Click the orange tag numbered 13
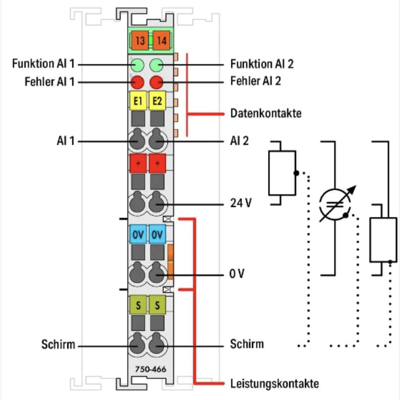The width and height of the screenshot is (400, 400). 138,41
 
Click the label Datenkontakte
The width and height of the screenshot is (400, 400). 266,113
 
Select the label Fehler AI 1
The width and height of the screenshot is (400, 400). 50,82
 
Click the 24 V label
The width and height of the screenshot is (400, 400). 241,203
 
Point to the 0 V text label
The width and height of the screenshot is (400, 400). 237,274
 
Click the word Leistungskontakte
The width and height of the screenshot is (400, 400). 274,383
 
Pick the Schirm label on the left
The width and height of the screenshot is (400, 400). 58,344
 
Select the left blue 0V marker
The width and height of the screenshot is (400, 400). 138,233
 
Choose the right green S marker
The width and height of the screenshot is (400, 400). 157,306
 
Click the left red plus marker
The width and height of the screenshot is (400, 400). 138,164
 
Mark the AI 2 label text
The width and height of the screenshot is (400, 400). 240,141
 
